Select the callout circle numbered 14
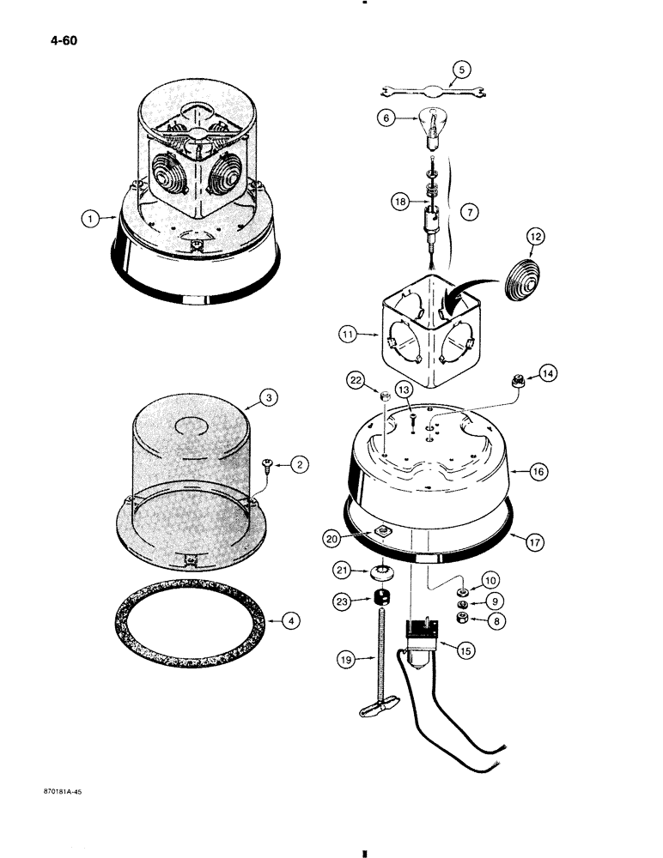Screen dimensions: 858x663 [x=547, y=372]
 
